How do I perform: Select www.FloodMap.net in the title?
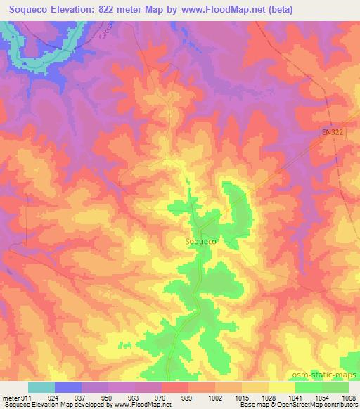pyautogui.click(x=229, y=9)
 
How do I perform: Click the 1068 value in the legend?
pyautogui.click(x=340, y=397)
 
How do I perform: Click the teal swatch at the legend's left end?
pyautogui.click(x=41, y=387)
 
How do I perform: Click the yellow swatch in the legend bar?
pyautogui.click(x=282, y=387)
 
